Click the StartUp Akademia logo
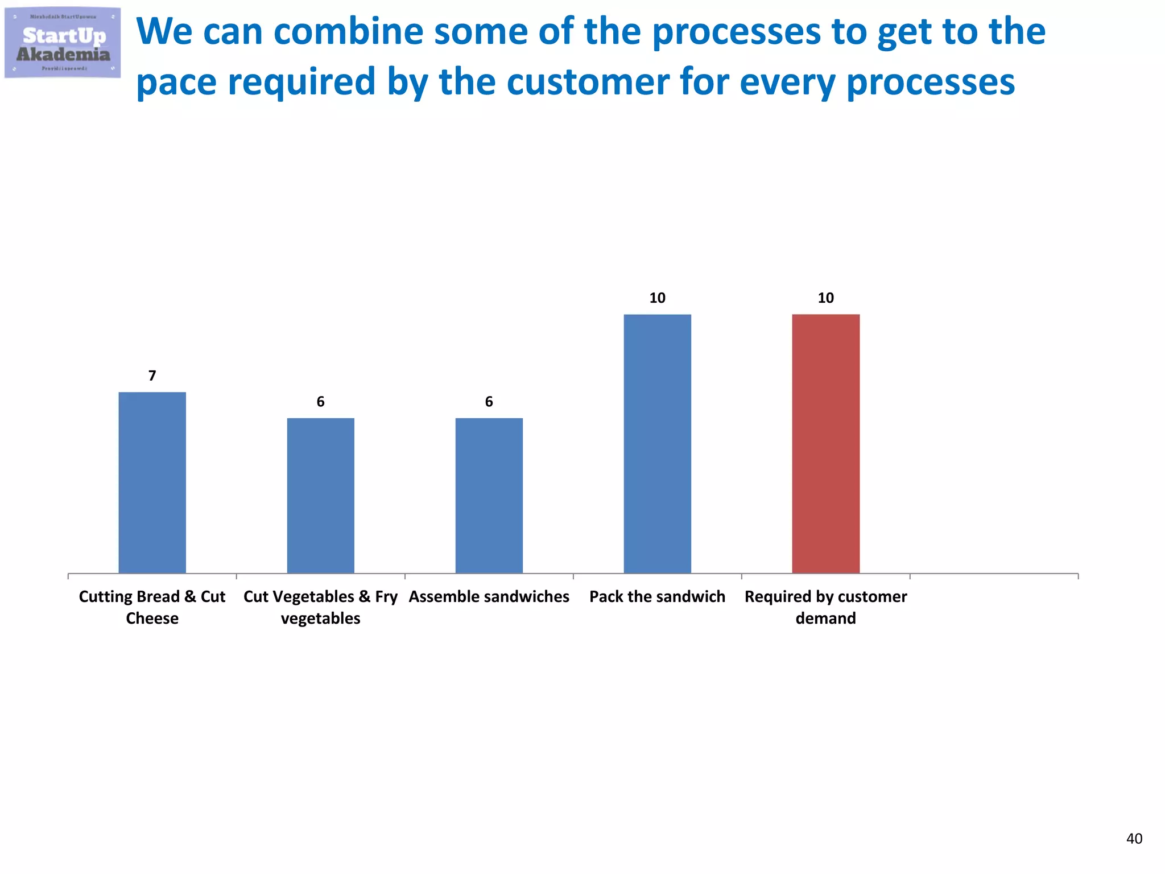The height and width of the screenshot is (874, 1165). (x=63, y=43)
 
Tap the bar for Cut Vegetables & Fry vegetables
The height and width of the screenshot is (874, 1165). (x=320, y=495)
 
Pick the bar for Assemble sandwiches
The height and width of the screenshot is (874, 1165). (x=489, y=495)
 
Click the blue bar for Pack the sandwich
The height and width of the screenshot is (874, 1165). (x=657, y=444)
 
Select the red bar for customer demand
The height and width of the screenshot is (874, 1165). (x=825, y=444)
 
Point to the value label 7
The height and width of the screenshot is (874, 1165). (x=152, y=376)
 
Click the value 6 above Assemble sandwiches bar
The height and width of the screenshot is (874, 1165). (x=489, y=402)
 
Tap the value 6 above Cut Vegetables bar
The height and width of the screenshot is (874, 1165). (x=320, y=402)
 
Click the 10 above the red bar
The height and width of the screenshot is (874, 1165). (x=825, y=298)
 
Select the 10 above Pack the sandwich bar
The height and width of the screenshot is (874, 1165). (x=657, y=298)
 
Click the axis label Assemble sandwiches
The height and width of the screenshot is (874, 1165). (x=489, y=596)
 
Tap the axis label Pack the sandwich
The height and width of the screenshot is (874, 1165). (x=657, y=596)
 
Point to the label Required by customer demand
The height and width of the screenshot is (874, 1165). (x=825, y=607)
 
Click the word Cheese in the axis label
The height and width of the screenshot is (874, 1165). (x=152, y=618)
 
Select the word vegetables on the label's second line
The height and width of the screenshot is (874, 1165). (x=320, y=619)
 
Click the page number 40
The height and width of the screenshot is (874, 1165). (x=1134, y=838)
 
